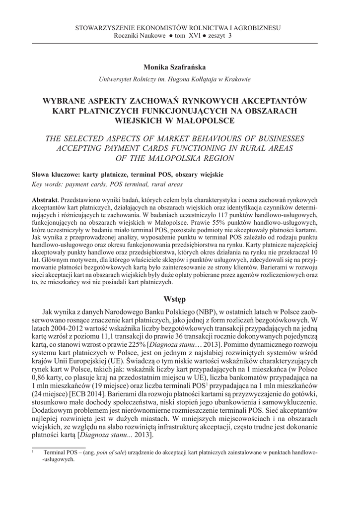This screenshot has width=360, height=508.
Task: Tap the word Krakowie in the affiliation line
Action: (236, 79)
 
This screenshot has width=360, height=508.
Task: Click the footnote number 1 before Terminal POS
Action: (33, 451)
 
